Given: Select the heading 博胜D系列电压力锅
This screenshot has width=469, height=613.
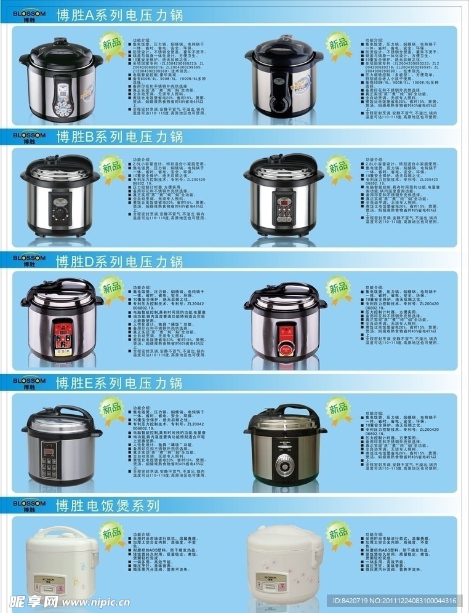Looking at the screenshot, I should tap(119, 262).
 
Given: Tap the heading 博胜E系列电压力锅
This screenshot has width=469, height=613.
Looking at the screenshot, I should tap(119, 383).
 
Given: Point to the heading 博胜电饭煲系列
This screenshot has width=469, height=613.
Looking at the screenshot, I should tap(108, 506).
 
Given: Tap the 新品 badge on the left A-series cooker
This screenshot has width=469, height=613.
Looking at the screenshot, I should tap(112, 45).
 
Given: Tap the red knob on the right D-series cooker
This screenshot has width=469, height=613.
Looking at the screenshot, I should tap(284, 347).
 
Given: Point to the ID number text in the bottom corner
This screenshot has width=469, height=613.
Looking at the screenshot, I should tap(394, 601).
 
